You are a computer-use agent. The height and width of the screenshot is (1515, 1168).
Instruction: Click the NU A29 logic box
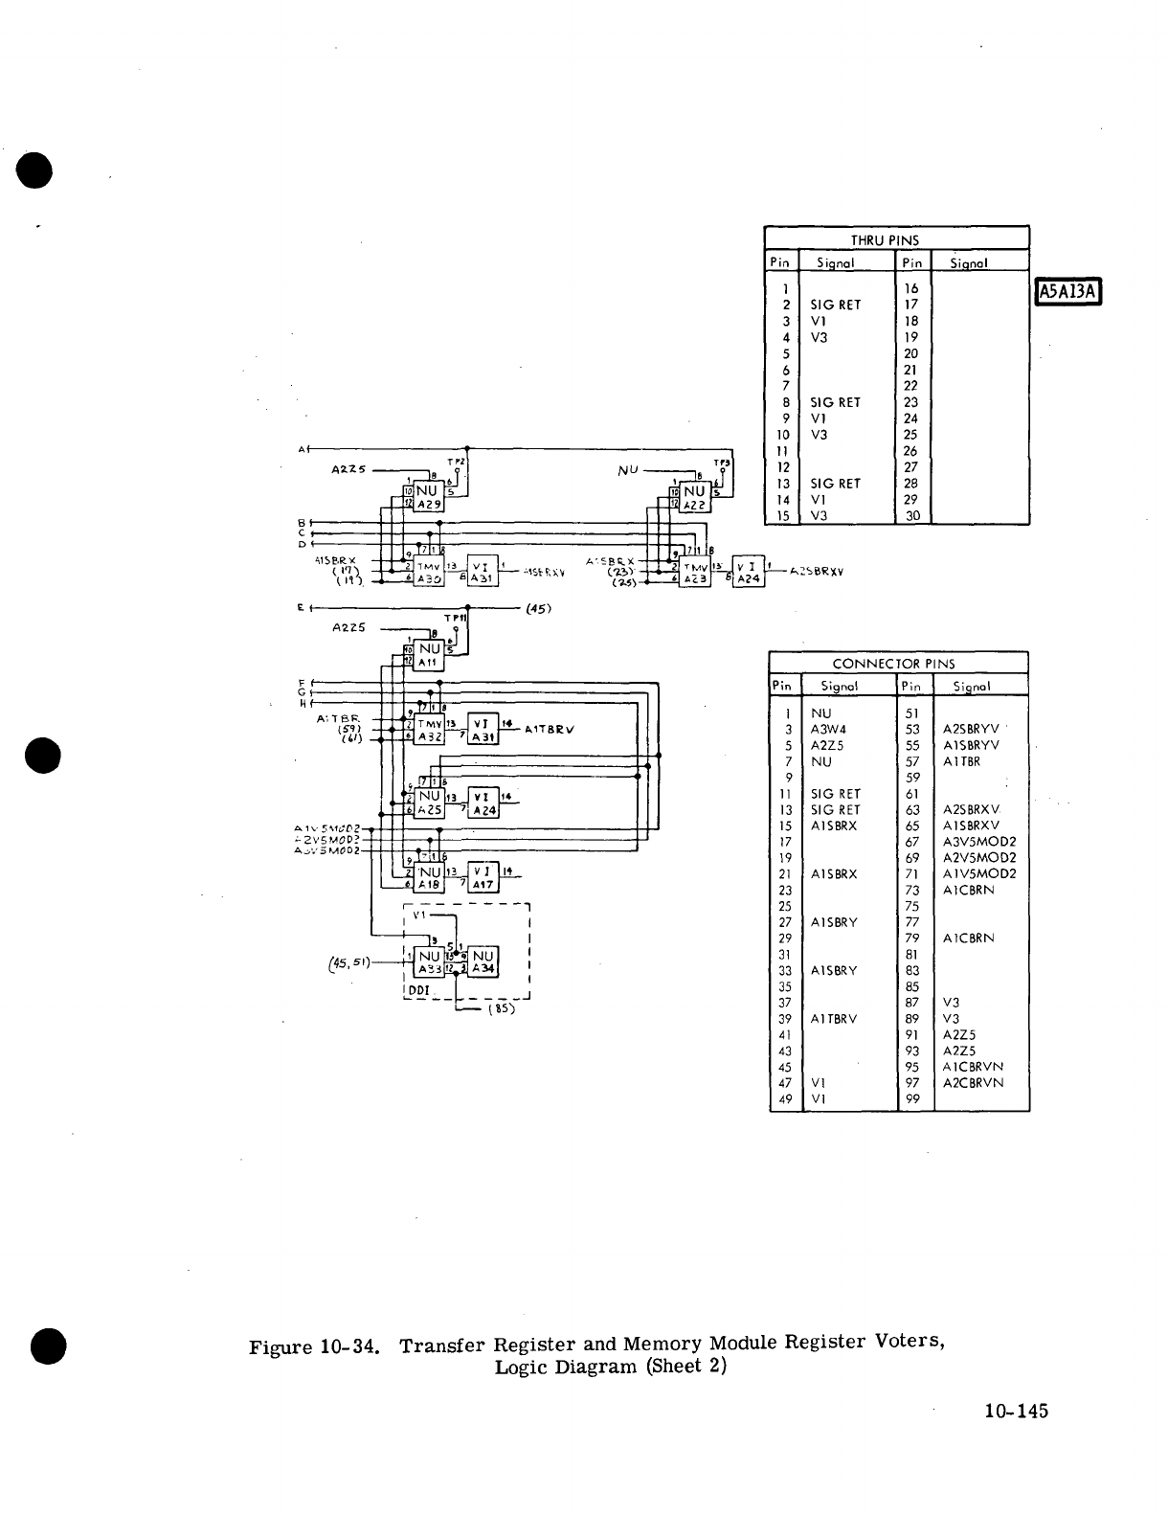(x=428, y=497)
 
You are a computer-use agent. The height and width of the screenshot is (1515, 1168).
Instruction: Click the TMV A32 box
(x=428, y=730)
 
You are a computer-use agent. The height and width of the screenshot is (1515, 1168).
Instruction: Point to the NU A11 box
(x=427, y=654)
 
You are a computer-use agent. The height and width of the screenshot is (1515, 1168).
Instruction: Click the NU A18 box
(x=428, y=878)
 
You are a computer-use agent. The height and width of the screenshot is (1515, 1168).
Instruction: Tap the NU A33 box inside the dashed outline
(x=429, y=961)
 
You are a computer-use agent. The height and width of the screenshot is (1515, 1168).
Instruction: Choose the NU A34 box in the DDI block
(x=483, y=961)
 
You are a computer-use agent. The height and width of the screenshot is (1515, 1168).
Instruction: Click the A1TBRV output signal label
(x=549, y=729)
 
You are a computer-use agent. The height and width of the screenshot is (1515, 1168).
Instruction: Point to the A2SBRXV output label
(x=817, y=571)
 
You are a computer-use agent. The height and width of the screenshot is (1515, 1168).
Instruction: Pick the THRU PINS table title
(x=884, y=239)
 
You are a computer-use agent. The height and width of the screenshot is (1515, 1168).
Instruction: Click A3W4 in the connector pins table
(x=828, y=730)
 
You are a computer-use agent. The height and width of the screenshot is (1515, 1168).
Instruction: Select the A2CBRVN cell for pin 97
(x=973, y=1083)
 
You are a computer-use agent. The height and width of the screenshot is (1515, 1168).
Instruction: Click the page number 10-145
(x=1016, y=1411)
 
